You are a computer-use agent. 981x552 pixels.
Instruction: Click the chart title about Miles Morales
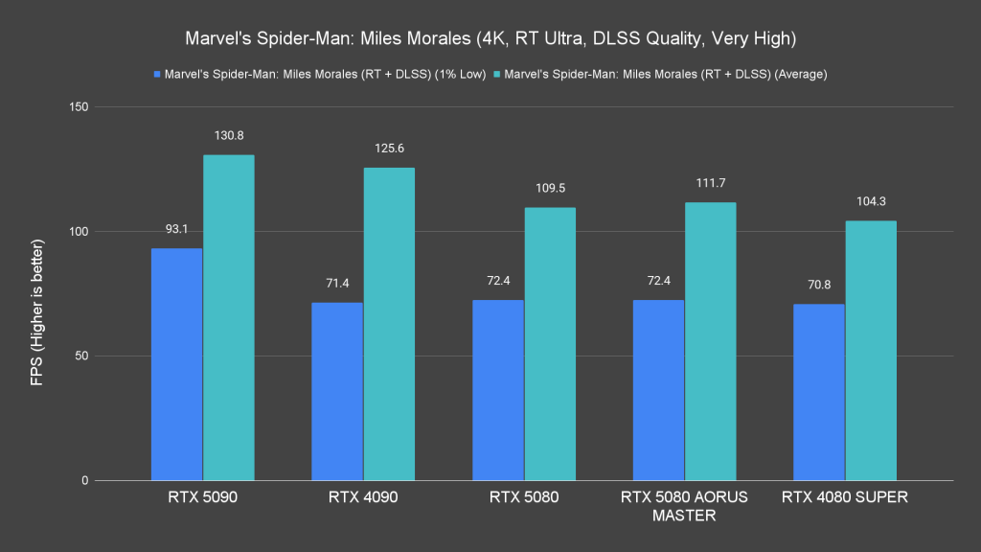tap(490, 40)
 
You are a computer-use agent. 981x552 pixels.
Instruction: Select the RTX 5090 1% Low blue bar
tap(176, 364)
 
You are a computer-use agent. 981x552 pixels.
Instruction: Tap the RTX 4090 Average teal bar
tap(389, 324)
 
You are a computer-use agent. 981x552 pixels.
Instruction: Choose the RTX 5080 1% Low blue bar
tap(498, 390)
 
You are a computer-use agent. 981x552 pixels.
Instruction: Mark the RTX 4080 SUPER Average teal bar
tap(871, 351)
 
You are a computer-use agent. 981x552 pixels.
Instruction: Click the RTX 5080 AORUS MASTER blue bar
tap(658, 390)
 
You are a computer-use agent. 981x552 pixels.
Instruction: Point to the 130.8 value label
tap(228, 136)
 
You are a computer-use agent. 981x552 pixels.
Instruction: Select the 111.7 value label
tap(710, 183)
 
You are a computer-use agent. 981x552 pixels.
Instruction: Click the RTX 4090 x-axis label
tap(363, 497)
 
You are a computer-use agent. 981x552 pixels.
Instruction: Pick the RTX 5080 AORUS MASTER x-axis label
tap(684, 506)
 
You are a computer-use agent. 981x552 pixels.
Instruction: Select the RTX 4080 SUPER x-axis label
tap(845, 497)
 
